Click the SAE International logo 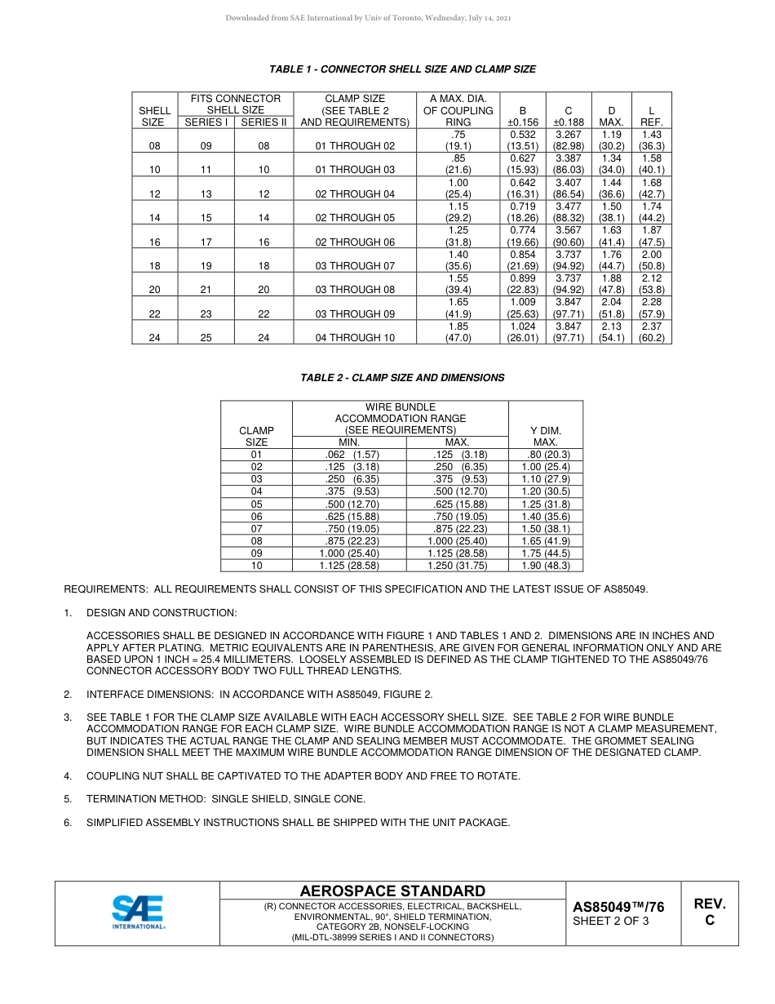click(x=138, y=912)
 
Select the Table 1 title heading click(x=402, y=69)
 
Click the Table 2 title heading click(x=402, y=378)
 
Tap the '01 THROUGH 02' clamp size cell click(x=355, y=146)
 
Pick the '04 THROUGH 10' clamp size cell click(x=355, y=338)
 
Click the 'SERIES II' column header click(x=263, y=122)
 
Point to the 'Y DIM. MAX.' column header click(x=546, y=436)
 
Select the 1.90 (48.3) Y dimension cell click(x=546, y=566)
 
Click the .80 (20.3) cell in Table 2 click(x=546, y=455)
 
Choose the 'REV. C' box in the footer click(x=709, y=912)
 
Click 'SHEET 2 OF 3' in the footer click(x=611, y=922)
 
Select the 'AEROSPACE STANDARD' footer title click(x=392, y=891)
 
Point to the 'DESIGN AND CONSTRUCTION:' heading click(x=162, y=613)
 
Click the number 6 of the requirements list click(x=68, y=823)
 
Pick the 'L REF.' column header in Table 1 click(x=651, y=116)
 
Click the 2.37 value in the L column click(x=651, y=327)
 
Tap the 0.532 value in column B click(x=522, y=135)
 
